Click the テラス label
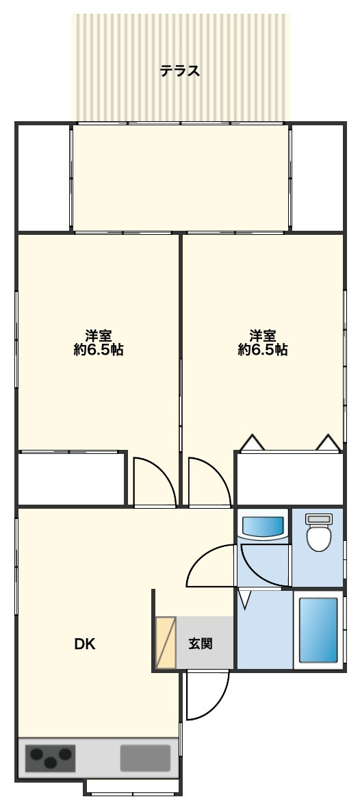(x=180, y=71)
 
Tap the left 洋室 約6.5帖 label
(x=98, y=342)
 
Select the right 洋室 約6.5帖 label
(x=263, y=342)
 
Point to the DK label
(x=86, y=644)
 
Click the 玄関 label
(x=200, y=644)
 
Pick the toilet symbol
(x=318, y=533)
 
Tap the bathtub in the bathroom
(x=319, y=630)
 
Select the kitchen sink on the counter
(x=145, y=758)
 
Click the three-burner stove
(x=51, y=758)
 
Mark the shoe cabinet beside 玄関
(x=166, y=643)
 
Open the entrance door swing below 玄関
(x=207, y=696)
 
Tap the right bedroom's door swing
(x=209, y=481)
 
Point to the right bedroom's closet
(x=290, y=479)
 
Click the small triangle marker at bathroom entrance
(x=245, y=599)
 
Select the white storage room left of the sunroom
(x=43, y=177)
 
